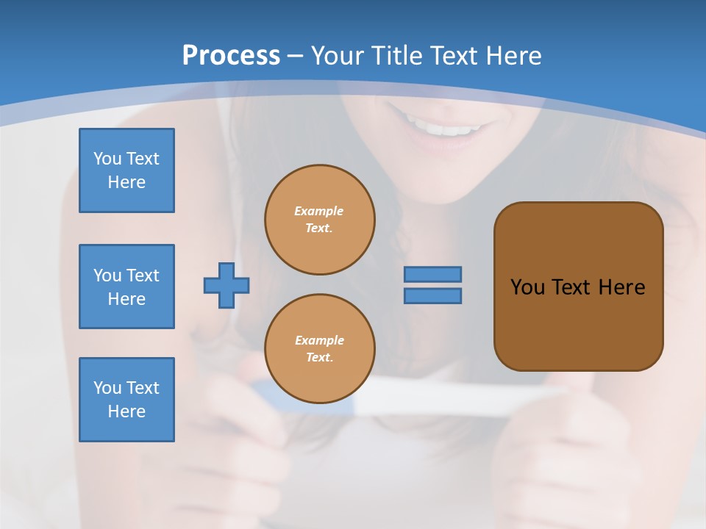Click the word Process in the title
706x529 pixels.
[231, 56]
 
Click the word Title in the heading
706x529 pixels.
[396, 56]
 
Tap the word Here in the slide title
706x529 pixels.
[513, 56]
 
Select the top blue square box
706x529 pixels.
[126, 170]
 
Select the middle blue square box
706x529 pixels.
[126, 287]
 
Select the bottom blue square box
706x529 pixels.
[126, 400]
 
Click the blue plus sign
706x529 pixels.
[227, 285]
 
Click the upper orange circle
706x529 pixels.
[320, 220]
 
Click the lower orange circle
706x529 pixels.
[320, 349]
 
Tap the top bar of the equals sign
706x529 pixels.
[432, 274]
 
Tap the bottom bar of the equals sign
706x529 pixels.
[432, 295]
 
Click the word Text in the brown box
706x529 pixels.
[571, 287]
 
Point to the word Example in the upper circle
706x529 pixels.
[319, 212]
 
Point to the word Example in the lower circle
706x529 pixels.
[319, 341]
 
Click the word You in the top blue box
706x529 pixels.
[107, 159]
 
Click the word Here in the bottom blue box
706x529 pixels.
[126, 411]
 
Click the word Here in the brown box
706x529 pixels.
[621, 287]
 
